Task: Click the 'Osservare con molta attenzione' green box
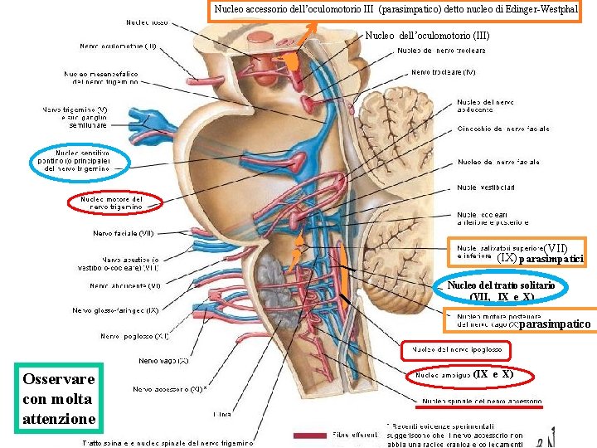(x=61, y=399)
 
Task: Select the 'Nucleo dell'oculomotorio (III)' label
(x=427, y=36)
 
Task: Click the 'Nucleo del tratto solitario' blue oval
(x=500, y=290)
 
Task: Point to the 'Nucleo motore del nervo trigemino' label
(x=110, y=203)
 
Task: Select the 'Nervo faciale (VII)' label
(x=123, y=233)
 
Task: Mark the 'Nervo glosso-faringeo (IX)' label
(x=115, y=311)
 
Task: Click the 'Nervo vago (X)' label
(x=163, y=361)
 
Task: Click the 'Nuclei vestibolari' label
(x=486, y=187)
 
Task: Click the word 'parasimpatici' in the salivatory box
(x=551, y=260)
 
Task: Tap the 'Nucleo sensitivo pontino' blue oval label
(x=81, y=161)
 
